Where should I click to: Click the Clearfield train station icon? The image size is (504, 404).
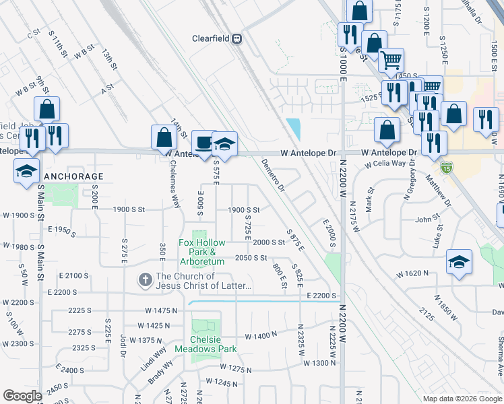pos(237,39)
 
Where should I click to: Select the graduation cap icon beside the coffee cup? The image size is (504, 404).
pos(224,143)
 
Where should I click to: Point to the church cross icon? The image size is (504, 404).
pos(145,279)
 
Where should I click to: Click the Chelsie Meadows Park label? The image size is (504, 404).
pos(206,345)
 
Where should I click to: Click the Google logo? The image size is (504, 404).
pos(22,396)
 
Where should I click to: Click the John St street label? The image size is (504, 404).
pos(427,220)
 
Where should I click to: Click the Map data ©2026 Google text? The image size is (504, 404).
pos(462,399)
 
